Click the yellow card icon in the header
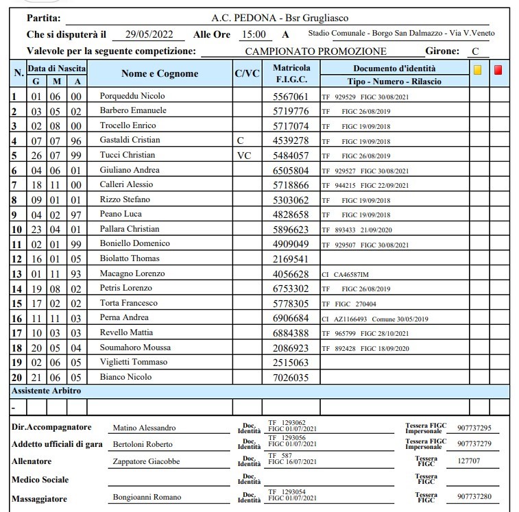[477, 69]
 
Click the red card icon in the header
[498, 69]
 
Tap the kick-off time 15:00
[254, 34]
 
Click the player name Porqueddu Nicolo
[132, 96]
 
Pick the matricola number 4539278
[291, 141]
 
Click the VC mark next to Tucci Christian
[245, 156]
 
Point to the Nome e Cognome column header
[160, 74]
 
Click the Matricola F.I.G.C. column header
[291, 74]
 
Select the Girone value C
[474, 51]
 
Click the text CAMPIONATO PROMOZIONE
[315, 51]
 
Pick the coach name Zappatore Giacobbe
[146, 461]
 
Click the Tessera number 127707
[469, 461]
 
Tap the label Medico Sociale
[40, 480]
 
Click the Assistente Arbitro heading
[47, 391]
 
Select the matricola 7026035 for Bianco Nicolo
[291, 378]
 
